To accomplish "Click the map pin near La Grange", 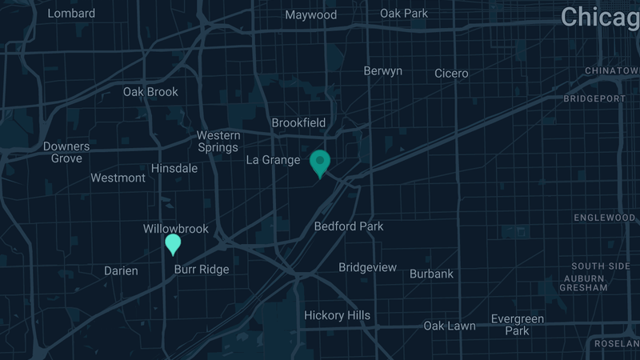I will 320,162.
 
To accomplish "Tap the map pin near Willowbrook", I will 173,243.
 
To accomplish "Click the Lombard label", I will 71,14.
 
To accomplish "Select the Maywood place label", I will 311,15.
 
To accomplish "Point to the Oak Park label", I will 404,14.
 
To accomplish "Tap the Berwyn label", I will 382,71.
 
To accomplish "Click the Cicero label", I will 451,74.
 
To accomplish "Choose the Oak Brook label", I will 150,92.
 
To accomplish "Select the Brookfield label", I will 298,123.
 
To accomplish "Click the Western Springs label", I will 218,142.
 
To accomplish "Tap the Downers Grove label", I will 66,153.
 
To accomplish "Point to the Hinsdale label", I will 174,169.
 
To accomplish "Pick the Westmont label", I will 118,178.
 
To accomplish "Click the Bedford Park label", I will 349,226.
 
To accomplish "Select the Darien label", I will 121,271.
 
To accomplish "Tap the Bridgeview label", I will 367,267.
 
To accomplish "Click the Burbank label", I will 431,274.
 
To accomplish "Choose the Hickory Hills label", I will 337,315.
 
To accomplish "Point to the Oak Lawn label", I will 449,326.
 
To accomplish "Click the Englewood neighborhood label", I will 605,218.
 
